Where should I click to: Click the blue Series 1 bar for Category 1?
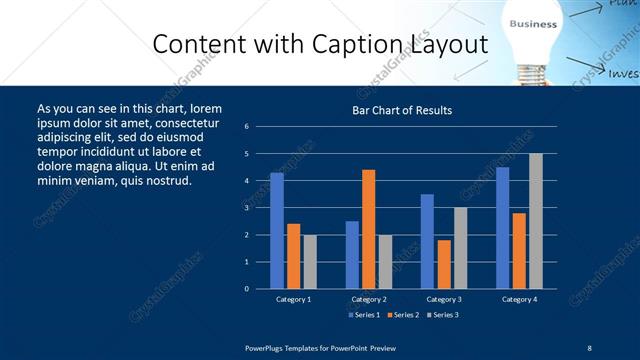click(x=277, y=231)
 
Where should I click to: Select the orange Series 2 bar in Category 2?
click(x=368, y=229)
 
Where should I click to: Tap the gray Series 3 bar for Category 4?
click(x=535, y=221)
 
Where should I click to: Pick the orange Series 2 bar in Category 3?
click(x=443, y=264)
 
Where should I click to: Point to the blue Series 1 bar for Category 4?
click(x=502, y=228)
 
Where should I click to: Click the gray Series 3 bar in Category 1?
click(x=309, y=262)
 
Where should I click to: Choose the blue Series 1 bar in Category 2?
click(x=352, y=255)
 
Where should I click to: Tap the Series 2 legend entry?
click(x=402, y=315)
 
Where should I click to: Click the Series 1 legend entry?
click(x=364, y=315)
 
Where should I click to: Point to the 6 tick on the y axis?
click(x=246, y=127)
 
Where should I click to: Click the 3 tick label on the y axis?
click(x=246, y=208)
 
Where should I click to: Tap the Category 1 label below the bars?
click(x=293, y=299)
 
